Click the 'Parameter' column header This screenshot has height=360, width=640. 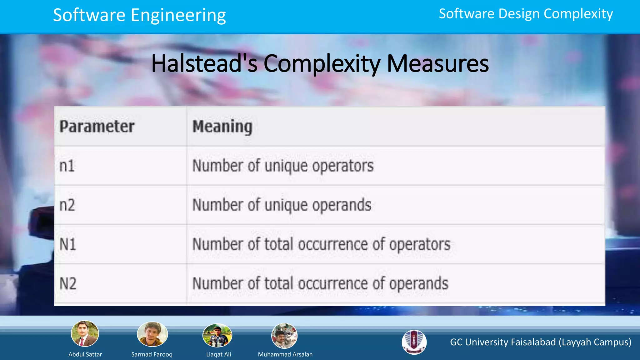pyautogui.click(x=97, y=127)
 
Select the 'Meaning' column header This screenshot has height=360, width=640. pyautogui.click(x=222, y=127)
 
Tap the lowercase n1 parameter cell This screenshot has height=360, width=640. pyautogui.click(x=67, y=166)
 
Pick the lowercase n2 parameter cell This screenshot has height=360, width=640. pyautogui.click(x=67, y=205)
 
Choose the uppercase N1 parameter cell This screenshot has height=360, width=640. pyautogui.click(x=68, y=244)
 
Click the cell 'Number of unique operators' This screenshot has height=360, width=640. pyautogui.click(x=283, y=166)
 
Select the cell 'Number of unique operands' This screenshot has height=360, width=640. pyautogui.click(x=282, y=205)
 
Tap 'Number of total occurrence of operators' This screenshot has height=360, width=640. pyautogui.click(x=321, y=244)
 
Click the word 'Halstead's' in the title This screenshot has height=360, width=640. pyautogui.click(x=204, y=63)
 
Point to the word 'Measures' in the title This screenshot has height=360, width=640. pyautogui.click(x=438, y=63)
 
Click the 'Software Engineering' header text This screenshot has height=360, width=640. pyautogui.click(x=139, y=15)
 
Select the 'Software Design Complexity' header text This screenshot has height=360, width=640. pyautogui.click(x=526, y=14)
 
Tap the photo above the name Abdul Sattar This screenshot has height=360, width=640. pyautogui.click(x=85, y=334)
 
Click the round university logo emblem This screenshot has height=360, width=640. pyautogui.click(x=414, y=342)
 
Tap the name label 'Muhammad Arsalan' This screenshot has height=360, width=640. pyautogui.click(x=285, y=354)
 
